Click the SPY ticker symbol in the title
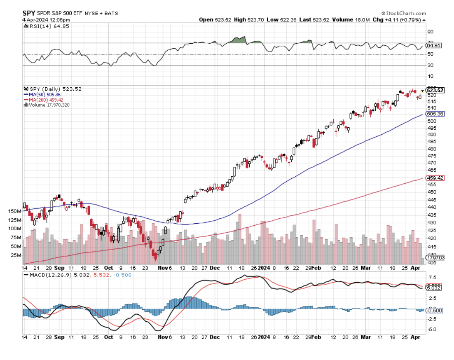pyautogui.click(x=28, y=13)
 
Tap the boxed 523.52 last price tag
pyautogui.click(x=435, y=90)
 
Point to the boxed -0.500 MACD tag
pyautogui.click(x=435, y=310)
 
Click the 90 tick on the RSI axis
pyautogui.click(x=430, y=32)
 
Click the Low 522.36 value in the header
pyautogui.click(x=278, y=20)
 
